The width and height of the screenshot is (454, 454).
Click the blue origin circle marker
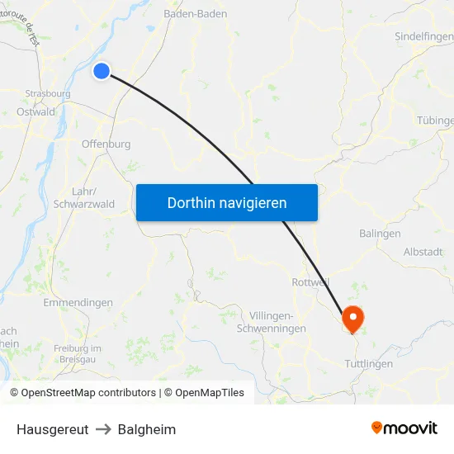coord(102,71)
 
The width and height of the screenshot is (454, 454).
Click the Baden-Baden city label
coord(196,14)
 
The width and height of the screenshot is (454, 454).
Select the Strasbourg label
coord(47,93)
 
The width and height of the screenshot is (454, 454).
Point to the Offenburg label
coord(106,144)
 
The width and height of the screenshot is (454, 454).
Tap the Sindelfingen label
coord(423,37)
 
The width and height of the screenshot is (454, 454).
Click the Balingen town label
coord(380,234)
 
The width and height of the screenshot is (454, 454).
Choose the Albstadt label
coord(423,252)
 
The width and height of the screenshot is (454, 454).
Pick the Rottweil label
coord(311,282)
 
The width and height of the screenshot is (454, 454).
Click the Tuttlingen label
coord(368,363)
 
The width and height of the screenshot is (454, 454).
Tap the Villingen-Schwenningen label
coord(277,322)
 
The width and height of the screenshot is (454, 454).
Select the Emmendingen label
coord(78,303)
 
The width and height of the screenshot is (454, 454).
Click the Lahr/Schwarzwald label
coord(83,197)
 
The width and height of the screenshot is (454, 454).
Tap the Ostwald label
coord(35,111)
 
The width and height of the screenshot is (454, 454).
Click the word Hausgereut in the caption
coord(52,429)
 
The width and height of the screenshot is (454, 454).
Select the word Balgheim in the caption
coord(147,429)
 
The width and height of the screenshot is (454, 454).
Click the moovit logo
coord(404,428)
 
